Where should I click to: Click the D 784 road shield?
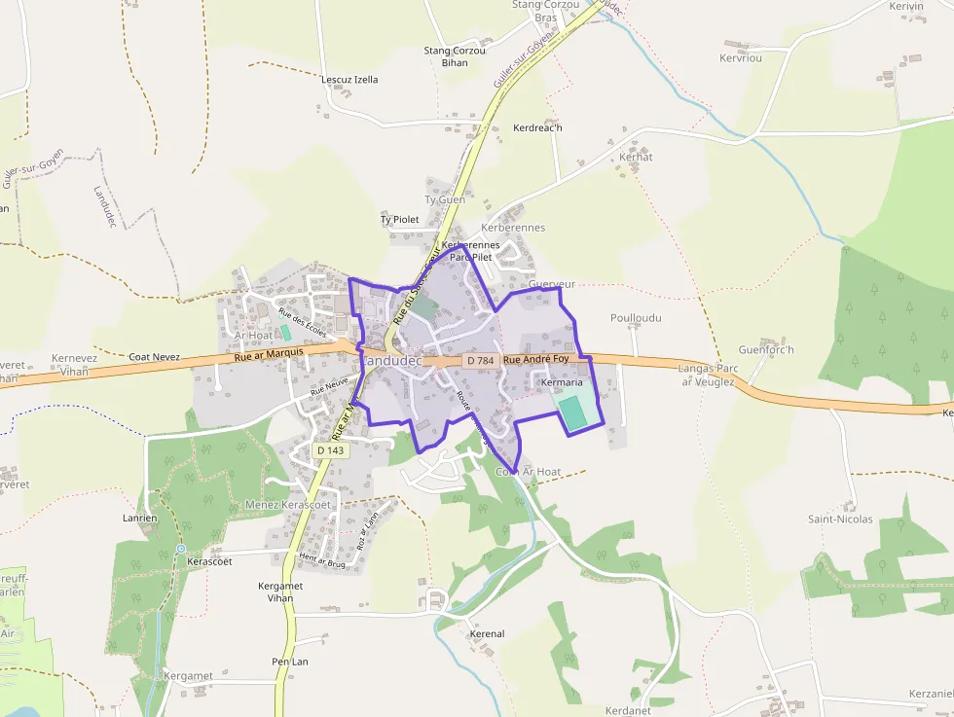click(x=481, y=361)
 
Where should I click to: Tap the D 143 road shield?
click(x=331, y=450)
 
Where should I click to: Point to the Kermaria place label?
click(x=561, y=383)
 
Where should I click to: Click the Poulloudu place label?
click(x=636, y=318)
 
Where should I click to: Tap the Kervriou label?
click(x=742, y=57)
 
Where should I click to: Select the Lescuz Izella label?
click(x=349, y=80)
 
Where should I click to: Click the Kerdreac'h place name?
click(x=538, y=127)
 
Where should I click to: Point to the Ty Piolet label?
click(x=399, y=220)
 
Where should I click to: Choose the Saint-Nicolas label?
click(x=840, y=520)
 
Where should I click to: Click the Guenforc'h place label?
click(x=766, y=350)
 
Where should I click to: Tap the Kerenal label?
click(x=487, y=634)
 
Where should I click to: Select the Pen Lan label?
click(x=290, y=662)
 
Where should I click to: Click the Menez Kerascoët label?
click(x=288, y=505)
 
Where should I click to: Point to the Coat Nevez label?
click(x=154, y=357)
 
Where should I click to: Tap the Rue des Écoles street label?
click(x=302, y=321)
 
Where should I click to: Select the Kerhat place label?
click(x=636, y=157)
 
